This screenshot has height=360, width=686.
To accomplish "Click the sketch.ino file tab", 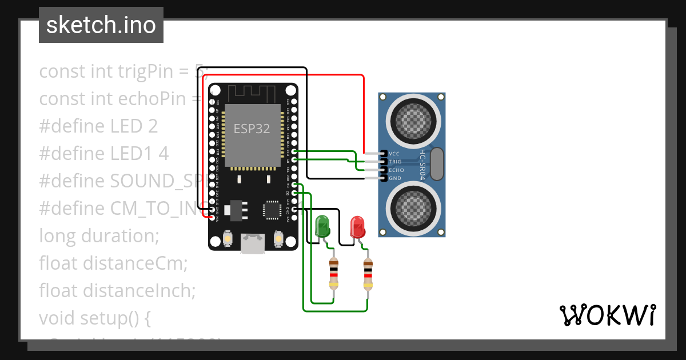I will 101,25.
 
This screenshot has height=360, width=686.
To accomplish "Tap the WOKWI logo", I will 608,315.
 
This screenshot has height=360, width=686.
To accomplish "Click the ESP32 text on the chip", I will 252,129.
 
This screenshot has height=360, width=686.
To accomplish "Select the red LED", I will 358,226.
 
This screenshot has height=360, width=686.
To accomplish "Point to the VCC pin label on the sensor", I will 394,154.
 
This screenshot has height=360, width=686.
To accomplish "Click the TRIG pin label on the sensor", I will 396,162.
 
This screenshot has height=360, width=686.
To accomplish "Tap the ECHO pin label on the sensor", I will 396,170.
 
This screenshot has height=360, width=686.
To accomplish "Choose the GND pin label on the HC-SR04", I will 395,178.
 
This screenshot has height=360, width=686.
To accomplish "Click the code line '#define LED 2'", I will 98,126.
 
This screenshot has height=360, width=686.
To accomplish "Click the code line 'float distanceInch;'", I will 117,290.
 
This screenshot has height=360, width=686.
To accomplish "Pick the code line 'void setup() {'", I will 94,318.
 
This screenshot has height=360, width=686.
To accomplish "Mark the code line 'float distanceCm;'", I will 113,263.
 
